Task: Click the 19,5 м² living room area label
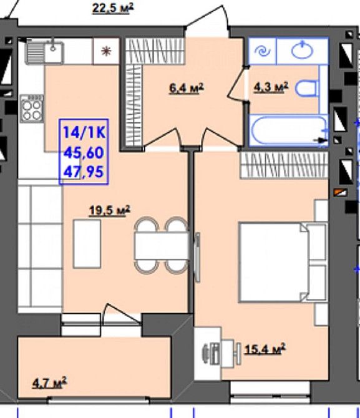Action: coord(110,211)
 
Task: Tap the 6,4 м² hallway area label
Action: coord(187,88)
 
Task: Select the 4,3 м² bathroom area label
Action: coord(271,87)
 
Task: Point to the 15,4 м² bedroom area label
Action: coord(265,349)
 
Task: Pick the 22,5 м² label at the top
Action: coord(112,8)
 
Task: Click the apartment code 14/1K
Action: coord(84,132)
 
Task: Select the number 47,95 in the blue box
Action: coord(84,172)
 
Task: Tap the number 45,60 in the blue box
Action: coord(84,153)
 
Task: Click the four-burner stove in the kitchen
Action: coord(32,109)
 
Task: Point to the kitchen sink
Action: coord(44,51)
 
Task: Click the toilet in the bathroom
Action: coord(307,89)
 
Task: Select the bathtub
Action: coord(288,130)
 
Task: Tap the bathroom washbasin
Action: coord(302,50)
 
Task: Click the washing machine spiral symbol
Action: coord(263,51)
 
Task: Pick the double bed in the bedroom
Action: coord(283,262)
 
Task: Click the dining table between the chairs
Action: coord(162,246)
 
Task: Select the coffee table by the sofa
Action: coord(87,244)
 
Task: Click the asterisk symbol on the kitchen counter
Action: coord(106,51)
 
